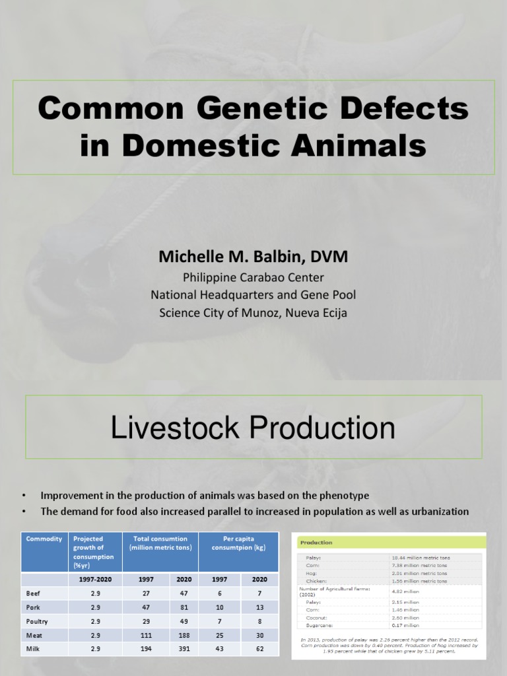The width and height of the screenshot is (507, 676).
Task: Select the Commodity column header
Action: pos(44,539)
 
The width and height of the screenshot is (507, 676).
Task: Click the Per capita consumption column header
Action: pos(238,543)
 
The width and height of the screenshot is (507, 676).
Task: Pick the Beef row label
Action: pos(33,593)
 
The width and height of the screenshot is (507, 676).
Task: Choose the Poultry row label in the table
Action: pos(37,621)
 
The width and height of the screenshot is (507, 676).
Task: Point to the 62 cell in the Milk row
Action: pos(259,649)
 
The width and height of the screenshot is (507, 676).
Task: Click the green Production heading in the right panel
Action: pos(316,543)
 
